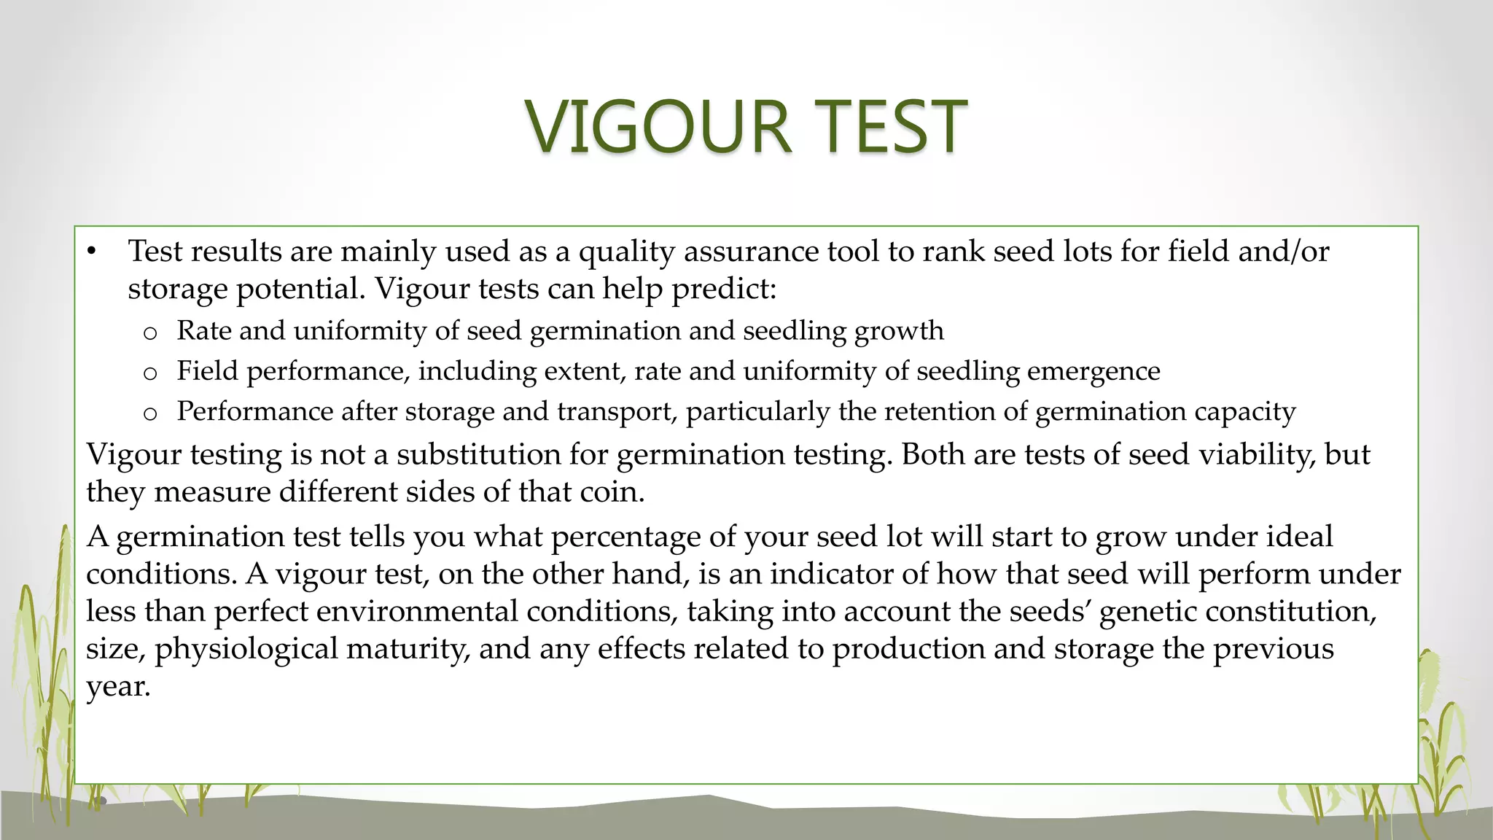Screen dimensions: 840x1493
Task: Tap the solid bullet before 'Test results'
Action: (91, 252)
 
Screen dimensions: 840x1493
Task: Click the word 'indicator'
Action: (831, 574)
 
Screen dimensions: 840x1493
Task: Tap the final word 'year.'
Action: (118, 686)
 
